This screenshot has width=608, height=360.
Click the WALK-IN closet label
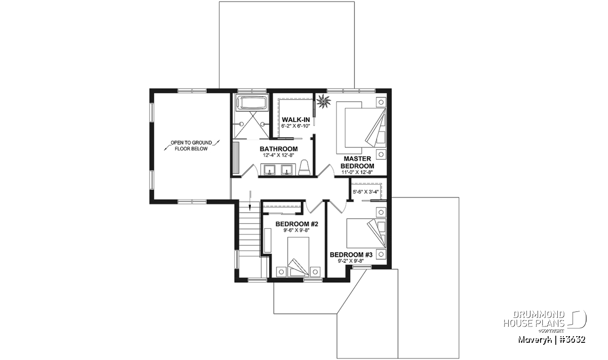pyautogui.click(x=295, y=119)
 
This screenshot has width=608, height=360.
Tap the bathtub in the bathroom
pyautogui.click(x=252, y=103)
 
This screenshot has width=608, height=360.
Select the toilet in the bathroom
pyautogui.click(x=305, y=168)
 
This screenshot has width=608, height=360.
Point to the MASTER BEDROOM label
pyautogui.click(x=357, y=162)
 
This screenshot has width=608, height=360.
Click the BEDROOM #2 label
pyautogui.click(x=297, y=224)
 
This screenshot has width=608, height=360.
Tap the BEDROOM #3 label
pyautogui.click(x=351, y=255)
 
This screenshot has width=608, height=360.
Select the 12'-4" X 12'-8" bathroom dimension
pyautogui.click(x=279, y=155)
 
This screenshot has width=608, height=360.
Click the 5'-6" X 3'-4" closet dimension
pyautogui.click(x=366, y=192)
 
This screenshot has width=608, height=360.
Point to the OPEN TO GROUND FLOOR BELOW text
pyautogui.click(x=191, y=146)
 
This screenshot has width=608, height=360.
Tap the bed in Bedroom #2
pyautogui.click(x=298, y=257)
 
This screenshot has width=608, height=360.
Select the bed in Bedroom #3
pyautogui.click(x=366, y=233)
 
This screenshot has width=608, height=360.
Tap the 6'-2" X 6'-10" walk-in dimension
pyautogui.click(x=295, y=126)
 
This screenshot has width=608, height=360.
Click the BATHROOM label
pyautogui.click(x=279, y=149)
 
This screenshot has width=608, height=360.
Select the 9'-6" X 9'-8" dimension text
pyautogui.click(x=297, y=230)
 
